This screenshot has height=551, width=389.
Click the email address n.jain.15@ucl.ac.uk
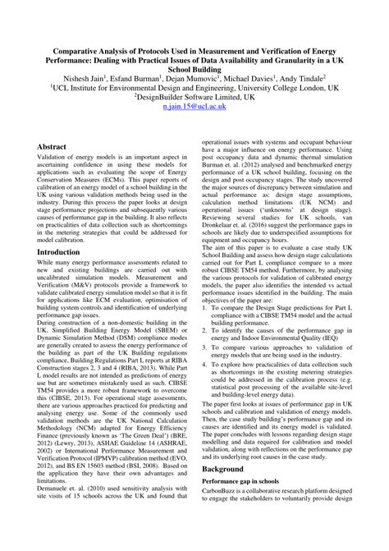[x=194, y=108]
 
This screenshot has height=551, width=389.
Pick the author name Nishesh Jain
[x=98, y=74]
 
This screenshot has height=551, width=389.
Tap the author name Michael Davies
[x=274, y=74]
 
